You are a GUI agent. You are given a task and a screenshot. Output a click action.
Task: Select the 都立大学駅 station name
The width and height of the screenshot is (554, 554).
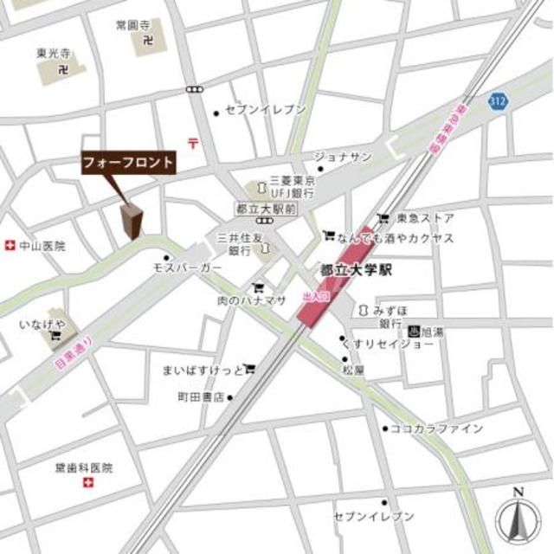356,270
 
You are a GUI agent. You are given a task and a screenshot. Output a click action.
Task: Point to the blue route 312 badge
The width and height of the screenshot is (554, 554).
497,102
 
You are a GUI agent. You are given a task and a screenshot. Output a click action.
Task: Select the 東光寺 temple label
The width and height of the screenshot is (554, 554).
54,54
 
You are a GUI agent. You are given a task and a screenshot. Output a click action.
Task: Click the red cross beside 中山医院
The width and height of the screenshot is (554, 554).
10,246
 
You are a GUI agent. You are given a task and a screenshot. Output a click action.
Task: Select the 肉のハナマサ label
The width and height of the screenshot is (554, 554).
252,300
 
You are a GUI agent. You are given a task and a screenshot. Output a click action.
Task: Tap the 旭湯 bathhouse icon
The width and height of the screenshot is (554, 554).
414,331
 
